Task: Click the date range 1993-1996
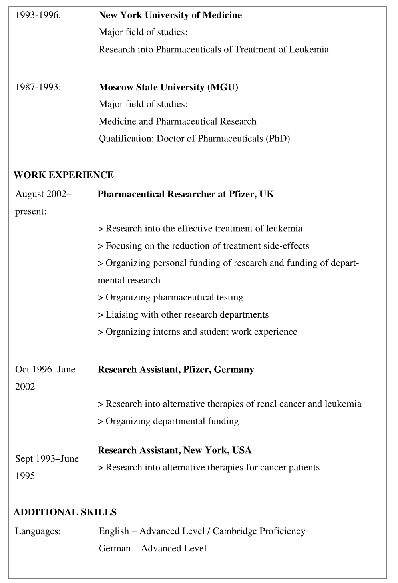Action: coord(38,16)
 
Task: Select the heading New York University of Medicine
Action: coord(170,16)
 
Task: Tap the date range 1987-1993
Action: coord(38,87)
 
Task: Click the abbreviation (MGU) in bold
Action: coord(223,87)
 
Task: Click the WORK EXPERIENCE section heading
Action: coord(64,175)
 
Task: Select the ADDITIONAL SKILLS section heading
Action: coord(65,512)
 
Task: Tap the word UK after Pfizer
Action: coord(267,194)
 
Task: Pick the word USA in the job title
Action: coord(242,450)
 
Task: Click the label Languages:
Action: coord(38,531)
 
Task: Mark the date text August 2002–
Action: coord(43,194)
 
